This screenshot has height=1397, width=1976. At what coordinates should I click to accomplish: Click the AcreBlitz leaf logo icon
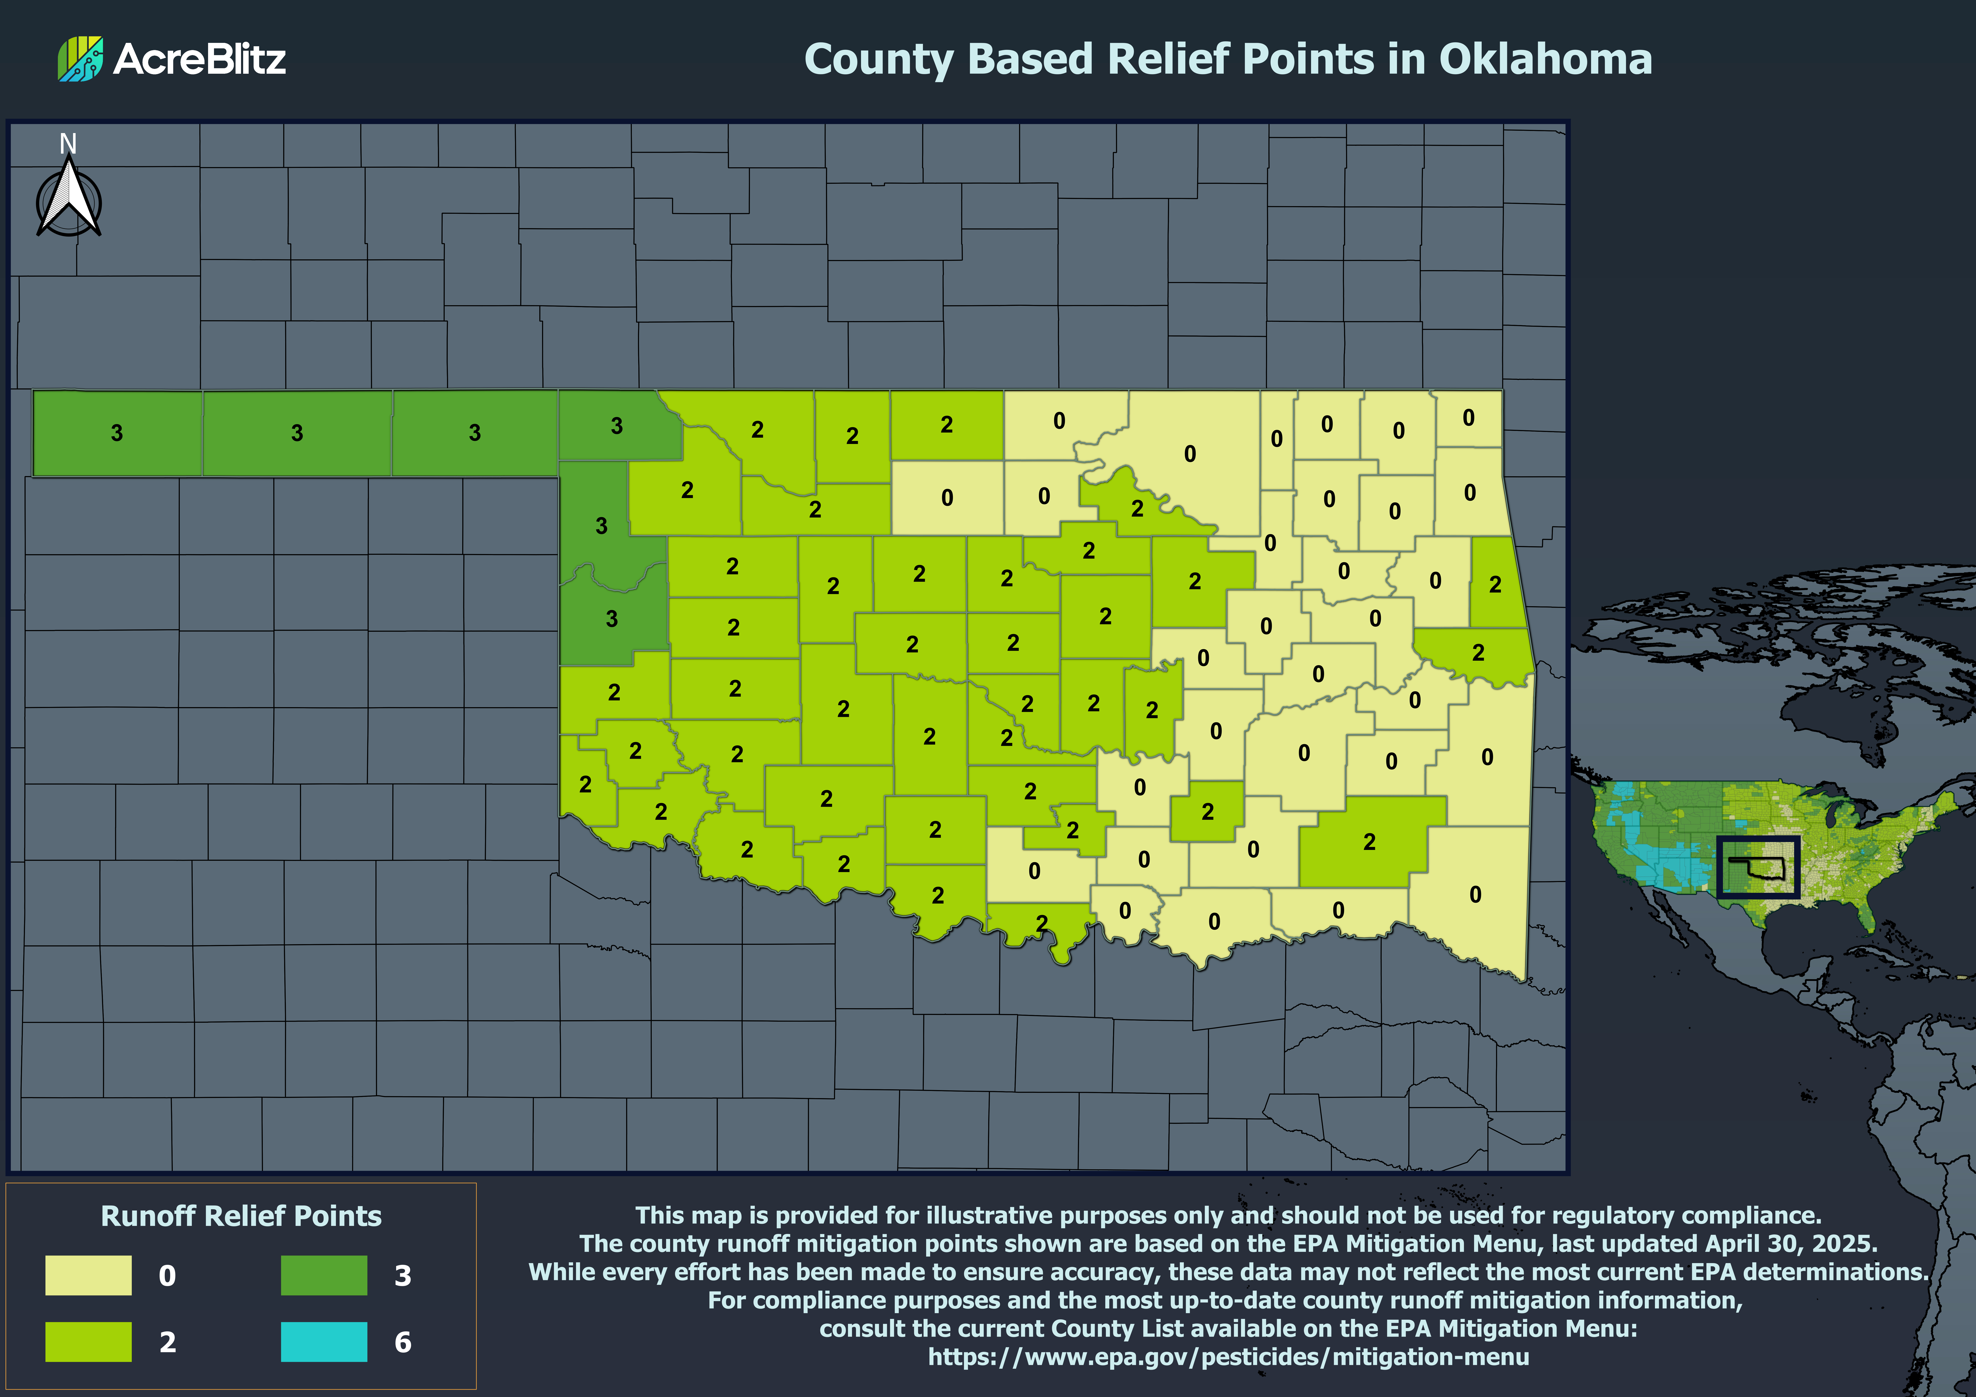coord(80,59)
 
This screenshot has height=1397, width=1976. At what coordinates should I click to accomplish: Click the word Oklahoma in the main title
coord(1545,59)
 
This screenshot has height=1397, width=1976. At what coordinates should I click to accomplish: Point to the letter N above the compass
coord(68,144)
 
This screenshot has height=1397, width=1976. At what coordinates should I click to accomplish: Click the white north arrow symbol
coord(69,200)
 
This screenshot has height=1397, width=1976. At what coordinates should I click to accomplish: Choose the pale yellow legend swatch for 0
coord(89,1275)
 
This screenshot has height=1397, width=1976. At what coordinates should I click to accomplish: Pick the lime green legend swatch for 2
coord(89,1341)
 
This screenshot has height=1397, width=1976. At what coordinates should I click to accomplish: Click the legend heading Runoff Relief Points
coord(241,1215)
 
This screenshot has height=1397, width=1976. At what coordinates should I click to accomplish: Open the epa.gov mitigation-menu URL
coord(1228,1356)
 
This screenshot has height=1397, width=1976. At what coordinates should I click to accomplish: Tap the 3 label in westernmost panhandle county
coord(117,433)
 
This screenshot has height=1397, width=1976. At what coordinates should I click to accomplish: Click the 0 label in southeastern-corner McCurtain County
coord(1475,894)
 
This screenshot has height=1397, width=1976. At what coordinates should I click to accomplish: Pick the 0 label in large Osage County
coord(1189,454)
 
